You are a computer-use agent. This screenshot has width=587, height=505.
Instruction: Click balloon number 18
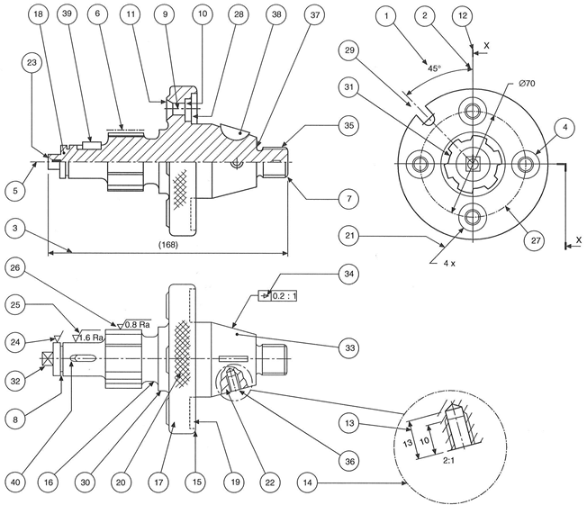click(38, 15)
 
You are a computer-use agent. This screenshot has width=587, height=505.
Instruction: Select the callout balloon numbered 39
click(67, 15)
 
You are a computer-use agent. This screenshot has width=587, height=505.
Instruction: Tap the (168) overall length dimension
click(167, 245)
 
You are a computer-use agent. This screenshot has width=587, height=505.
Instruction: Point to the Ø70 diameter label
click(528, 85)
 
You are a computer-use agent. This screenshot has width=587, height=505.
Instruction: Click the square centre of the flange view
click(471, 163)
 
